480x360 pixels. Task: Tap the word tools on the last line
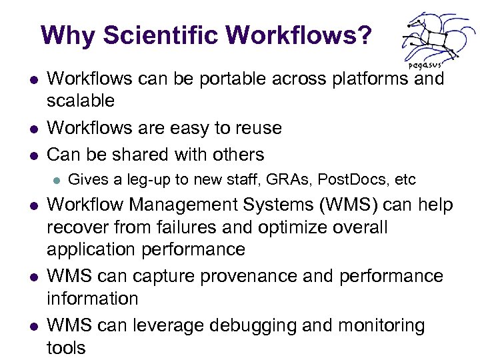tap(66, 347)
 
